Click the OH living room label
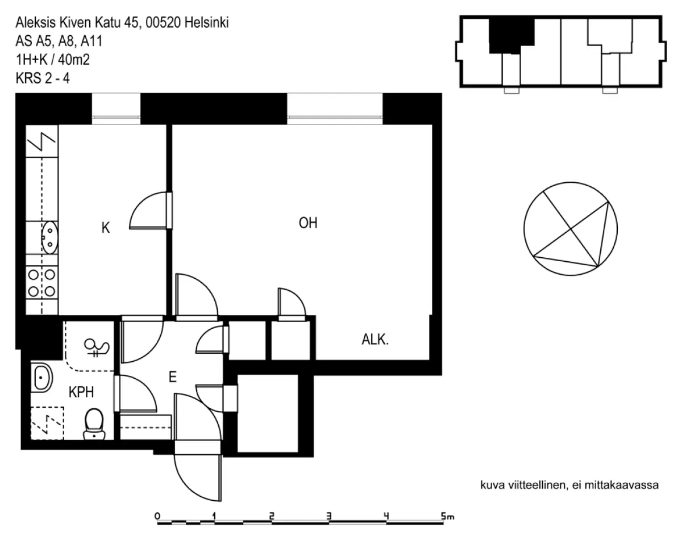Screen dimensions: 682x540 (307, 223)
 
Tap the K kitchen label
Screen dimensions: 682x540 (106, 228)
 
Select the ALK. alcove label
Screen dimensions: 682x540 (375, 340)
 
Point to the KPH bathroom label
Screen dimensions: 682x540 (81, 392)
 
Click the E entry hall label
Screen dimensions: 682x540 (172, 377)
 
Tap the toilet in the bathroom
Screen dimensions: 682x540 (94, 424)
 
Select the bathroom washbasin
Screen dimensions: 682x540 (42, 378)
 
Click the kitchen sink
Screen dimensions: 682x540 (49, 237)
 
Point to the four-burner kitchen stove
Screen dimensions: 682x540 (42, 283)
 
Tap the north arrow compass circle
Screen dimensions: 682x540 (571, 229)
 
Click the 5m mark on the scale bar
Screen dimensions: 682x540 (447, 517)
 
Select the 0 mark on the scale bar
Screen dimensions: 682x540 (157, 516)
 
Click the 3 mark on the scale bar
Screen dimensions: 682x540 (329, 516)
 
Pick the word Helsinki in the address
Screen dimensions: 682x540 (206, 23)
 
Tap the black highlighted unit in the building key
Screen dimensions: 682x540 (511, 35)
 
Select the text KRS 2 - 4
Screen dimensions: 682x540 (43, 78)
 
